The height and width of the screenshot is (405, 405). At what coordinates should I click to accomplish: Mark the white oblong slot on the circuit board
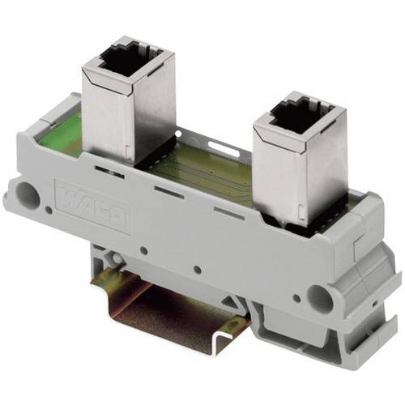coord(220,147)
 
